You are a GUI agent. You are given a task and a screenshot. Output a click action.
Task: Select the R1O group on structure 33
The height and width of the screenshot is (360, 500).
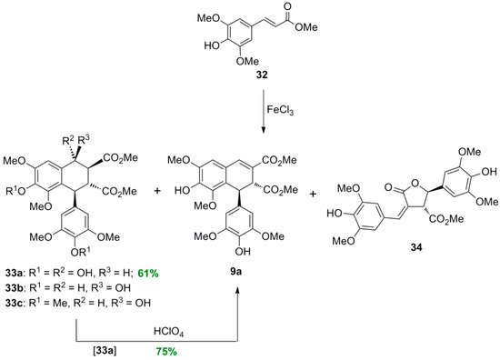point(25,191)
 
